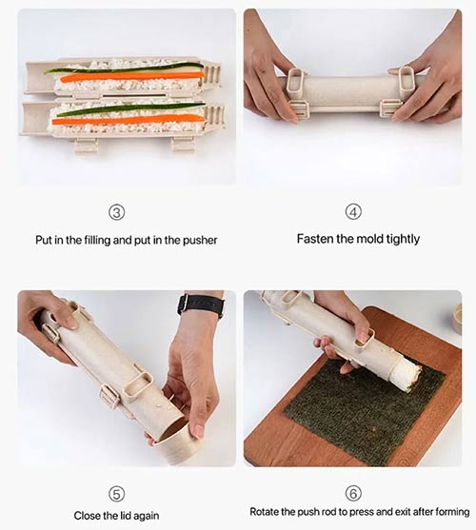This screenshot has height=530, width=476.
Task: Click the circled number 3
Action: pyautogui.click(x=117, y=212)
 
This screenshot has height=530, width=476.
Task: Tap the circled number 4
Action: pyautogui.click(x=353, y=212)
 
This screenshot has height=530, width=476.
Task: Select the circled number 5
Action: pyautogui.click(x=116, y=494)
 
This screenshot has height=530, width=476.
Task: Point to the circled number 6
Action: pyautogui.click(x=353, y=493)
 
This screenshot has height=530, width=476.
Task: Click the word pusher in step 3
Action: pyautogui.click(x=200, y=241)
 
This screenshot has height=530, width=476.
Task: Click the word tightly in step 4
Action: pyautogui.click(x=403, y=240)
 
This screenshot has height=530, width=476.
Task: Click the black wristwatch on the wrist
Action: pyautogui.click(x=201, y=304)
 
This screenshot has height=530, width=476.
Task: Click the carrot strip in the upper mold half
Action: pyautogui.click(x=131, y=77)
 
